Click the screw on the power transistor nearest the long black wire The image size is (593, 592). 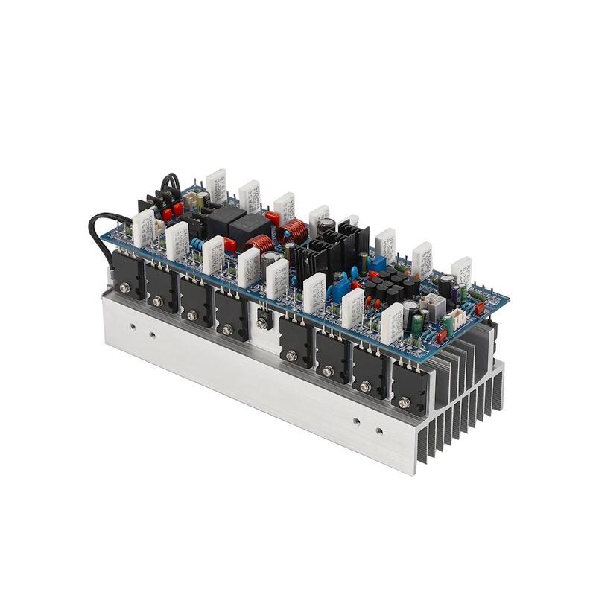click(124, 288)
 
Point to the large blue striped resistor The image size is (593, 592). click(197, 244)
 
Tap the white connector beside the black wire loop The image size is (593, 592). click(191, 199)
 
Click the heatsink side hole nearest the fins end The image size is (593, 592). click(380, 430)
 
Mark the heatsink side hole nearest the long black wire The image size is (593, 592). click(132, 326)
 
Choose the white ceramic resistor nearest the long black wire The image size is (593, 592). click(142, 227)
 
